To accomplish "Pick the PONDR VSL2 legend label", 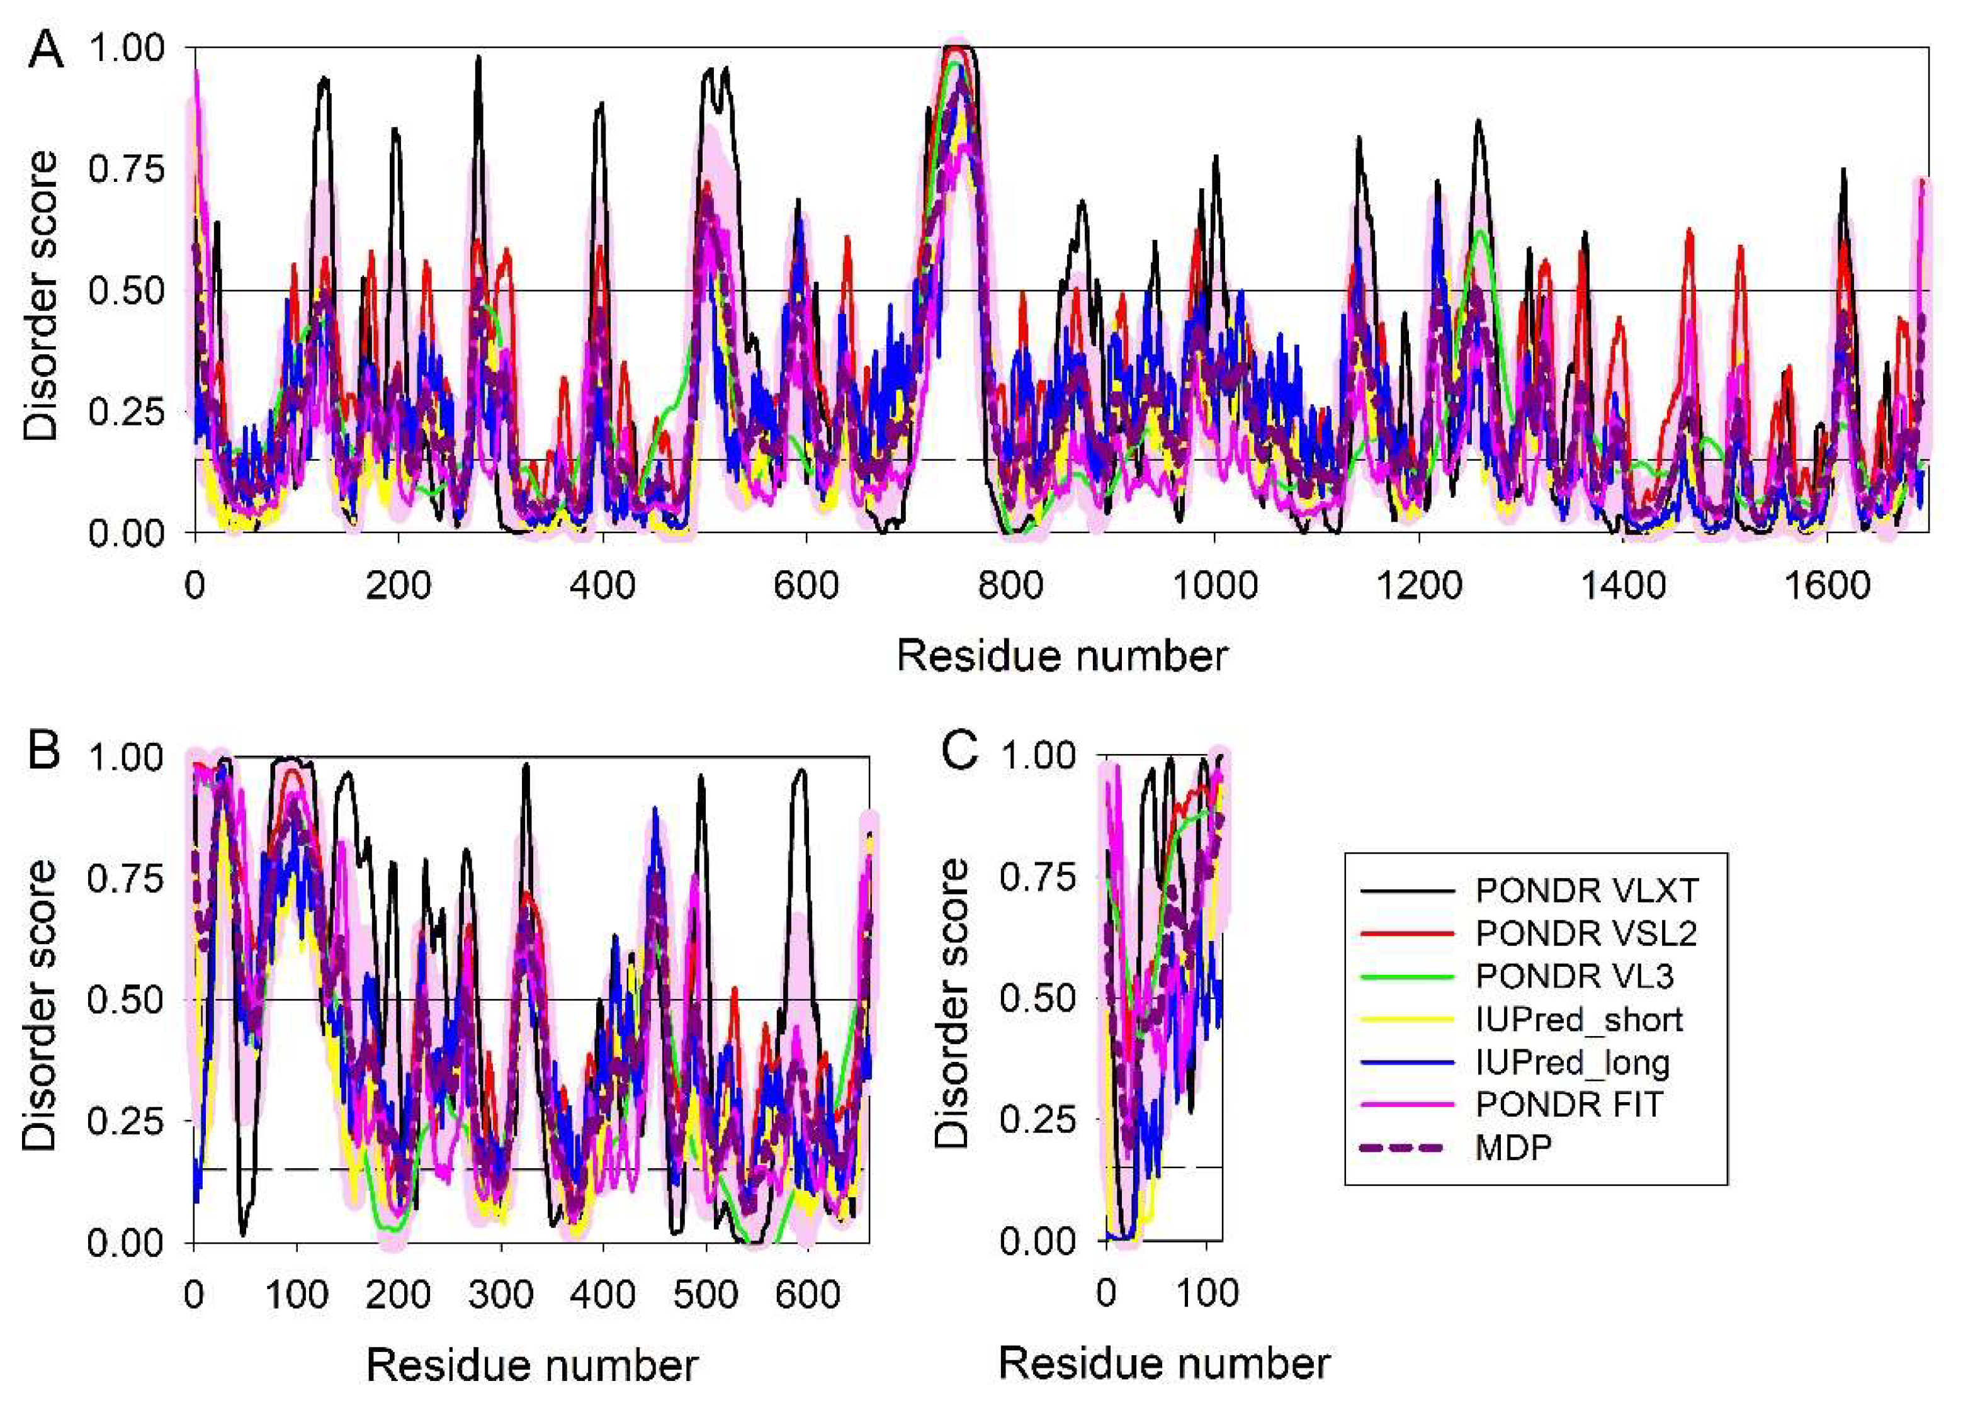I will click(x=1586, y=933).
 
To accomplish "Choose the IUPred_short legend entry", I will click(x=1579, y=1020).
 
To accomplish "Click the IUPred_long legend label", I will click(x=1573, y=1062).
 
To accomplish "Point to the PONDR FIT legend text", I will click(x=1569, y=1104).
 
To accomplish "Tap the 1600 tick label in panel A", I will click(x=1826, y=587).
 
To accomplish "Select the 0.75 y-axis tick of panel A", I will click(x=126, y=169).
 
